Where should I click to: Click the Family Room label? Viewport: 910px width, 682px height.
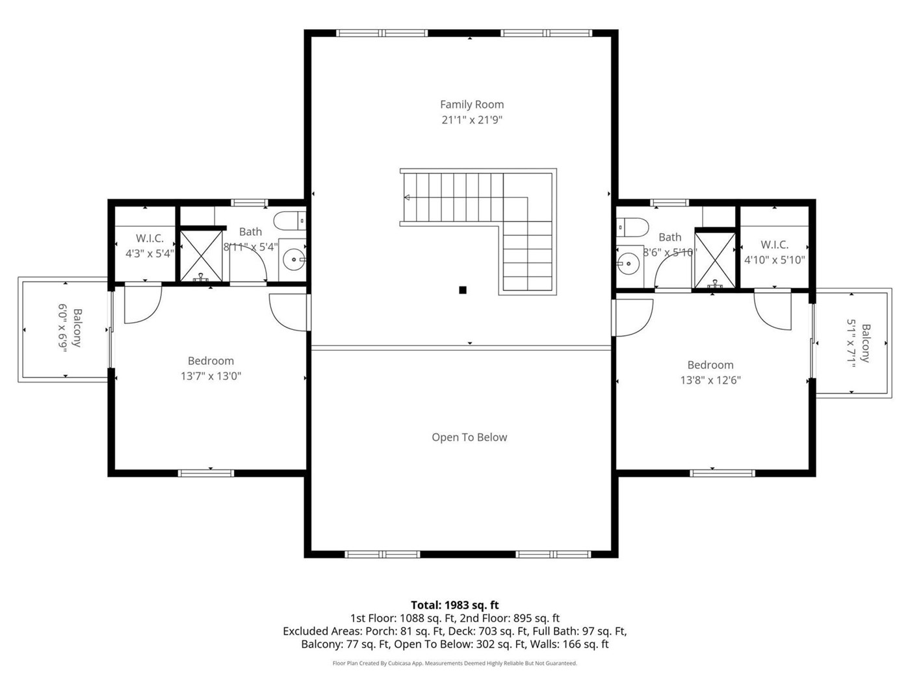(x=472, y=105)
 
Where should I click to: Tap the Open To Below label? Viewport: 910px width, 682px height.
(x=469, y=437)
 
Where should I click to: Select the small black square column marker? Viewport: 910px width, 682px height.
(x=463, y=290)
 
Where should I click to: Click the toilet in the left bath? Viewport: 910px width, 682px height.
(x=290, y=220)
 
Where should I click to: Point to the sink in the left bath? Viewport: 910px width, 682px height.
(x=294, y=260)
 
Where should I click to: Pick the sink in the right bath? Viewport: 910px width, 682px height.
(x=628, y=263)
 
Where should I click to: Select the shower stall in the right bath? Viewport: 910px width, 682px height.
(x=715, y=260)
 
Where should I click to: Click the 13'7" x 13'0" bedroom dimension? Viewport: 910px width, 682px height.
(x=211, y=376)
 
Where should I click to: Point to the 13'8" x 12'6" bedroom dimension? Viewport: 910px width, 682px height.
(x=710, y=380)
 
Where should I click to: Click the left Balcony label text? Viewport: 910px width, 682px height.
(x=77, y=327)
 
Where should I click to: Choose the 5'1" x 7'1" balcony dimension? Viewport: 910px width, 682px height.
(x=851, y=343)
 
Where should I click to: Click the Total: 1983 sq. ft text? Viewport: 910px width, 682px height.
(x=455, y=605)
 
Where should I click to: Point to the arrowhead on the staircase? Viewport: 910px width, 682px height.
(x=407, y=197)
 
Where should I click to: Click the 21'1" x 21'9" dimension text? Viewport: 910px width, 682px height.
(x=472, y=120)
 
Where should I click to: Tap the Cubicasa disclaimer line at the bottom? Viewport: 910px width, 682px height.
(x=455, y=663)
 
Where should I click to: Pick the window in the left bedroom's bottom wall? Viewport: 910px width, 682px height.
(x=206, y=473)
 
